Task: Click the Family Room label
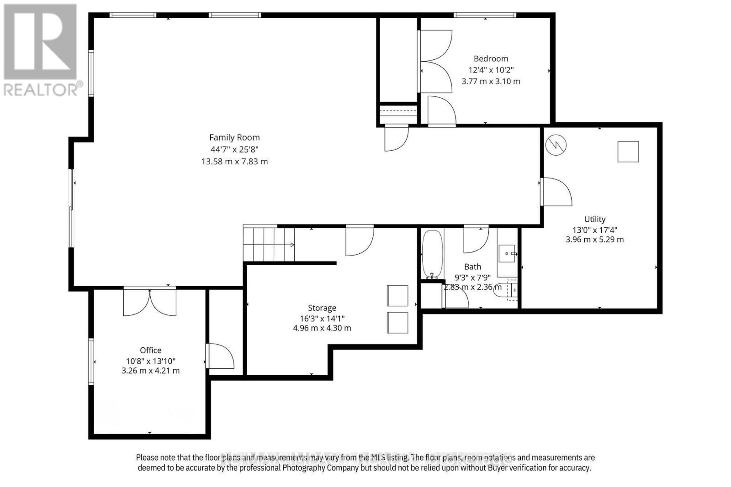point(234,137)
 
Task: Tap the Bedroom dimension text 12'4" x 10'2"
point(491,70)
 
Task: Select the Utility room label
point(594,219)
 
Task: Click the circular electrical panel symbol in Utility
point(556,145)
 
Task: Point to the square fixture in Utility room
point(628,152)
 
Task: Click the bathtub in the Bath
point(432,254)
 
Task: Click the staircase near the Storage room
point(269,244)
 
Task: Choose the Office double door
point(149,302)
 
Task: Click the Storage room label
point(322,308)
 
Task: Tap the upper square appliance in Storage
point(397,296)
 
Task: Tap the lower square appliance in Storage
point(397,323)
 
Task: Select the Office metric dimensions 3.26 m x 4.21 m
point(150,371)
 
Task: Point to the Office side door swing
point(220,356)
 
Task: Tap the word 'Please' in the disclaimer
point(147,457)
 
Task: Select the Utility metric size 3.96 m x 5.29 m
point(594,240)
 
